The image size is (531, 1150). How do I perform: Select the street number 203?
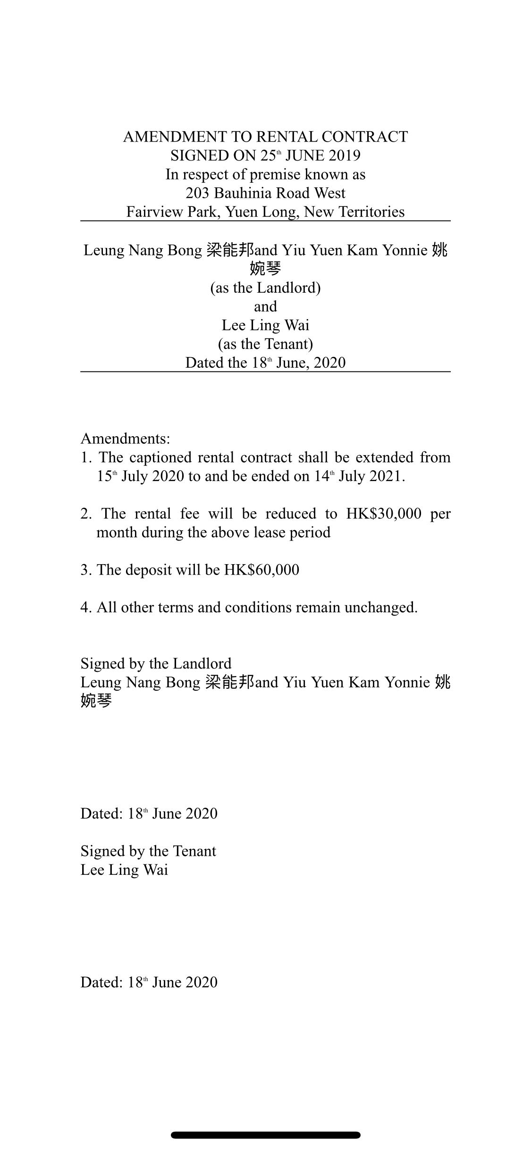click(197, 193)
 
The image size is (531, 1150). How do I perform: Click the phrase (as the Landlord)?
click(265, 287)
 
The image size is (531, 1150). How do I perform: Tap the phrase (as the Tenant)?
click(265, 344)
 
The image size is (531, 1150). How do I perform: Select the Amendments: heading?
click(125, 439)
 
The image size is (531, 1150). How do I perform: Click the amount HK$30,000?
click(384, 514)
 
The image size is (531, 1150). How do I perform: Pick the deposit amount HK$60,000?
click(261, 570)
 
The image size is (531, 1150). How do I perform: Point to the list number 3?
click(85, 570)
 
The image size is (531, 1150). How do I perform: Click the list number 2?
click(85, 514)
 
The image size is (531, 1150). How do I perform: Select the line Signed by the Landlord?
click(156, 663)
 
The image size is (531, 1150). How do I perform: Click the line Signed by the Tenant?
click(148, 851)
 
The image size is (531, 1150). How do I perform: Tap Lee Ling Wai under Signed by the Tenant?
click(124, 870)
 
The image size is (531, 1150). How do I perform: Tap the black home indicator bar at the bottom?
click(265, 1135)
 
